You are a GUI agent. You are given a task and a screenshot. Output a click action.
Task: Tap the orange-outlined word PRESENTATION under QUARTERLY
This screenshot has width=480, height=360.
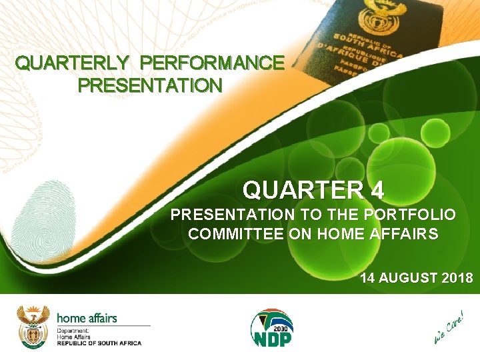coord(150,86)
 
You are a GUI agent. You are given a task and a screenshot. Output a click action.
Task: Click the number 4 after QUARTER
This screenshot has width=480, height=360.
coord(377,191)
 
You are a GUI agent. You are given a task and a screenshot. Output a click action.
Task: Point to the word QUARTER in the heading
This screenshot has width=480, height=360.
coord(303,191)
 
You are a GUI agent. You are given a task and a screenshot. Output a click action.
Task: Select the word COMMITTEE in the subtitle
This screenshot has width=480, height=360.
coord(227,234)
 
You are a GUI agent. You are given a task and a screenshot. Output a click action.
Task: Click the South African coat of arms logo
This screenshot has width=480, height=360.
coord(33,326)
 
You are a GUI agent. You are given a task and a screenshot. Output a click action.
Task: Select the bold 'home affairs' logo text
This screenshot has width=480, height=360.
coord(87,318)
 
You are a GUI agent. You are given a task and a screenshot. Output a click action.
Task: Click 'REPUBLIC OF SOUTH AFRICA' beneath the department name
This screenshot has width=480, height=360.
coord(99,343)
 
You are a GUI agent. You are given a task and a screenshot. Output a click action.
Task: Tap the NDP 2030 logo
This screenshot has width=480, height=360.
coord(271,327)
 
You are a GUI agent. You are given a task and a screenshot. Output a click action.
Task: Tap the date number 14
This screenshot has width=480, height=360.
coord(368,278)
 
